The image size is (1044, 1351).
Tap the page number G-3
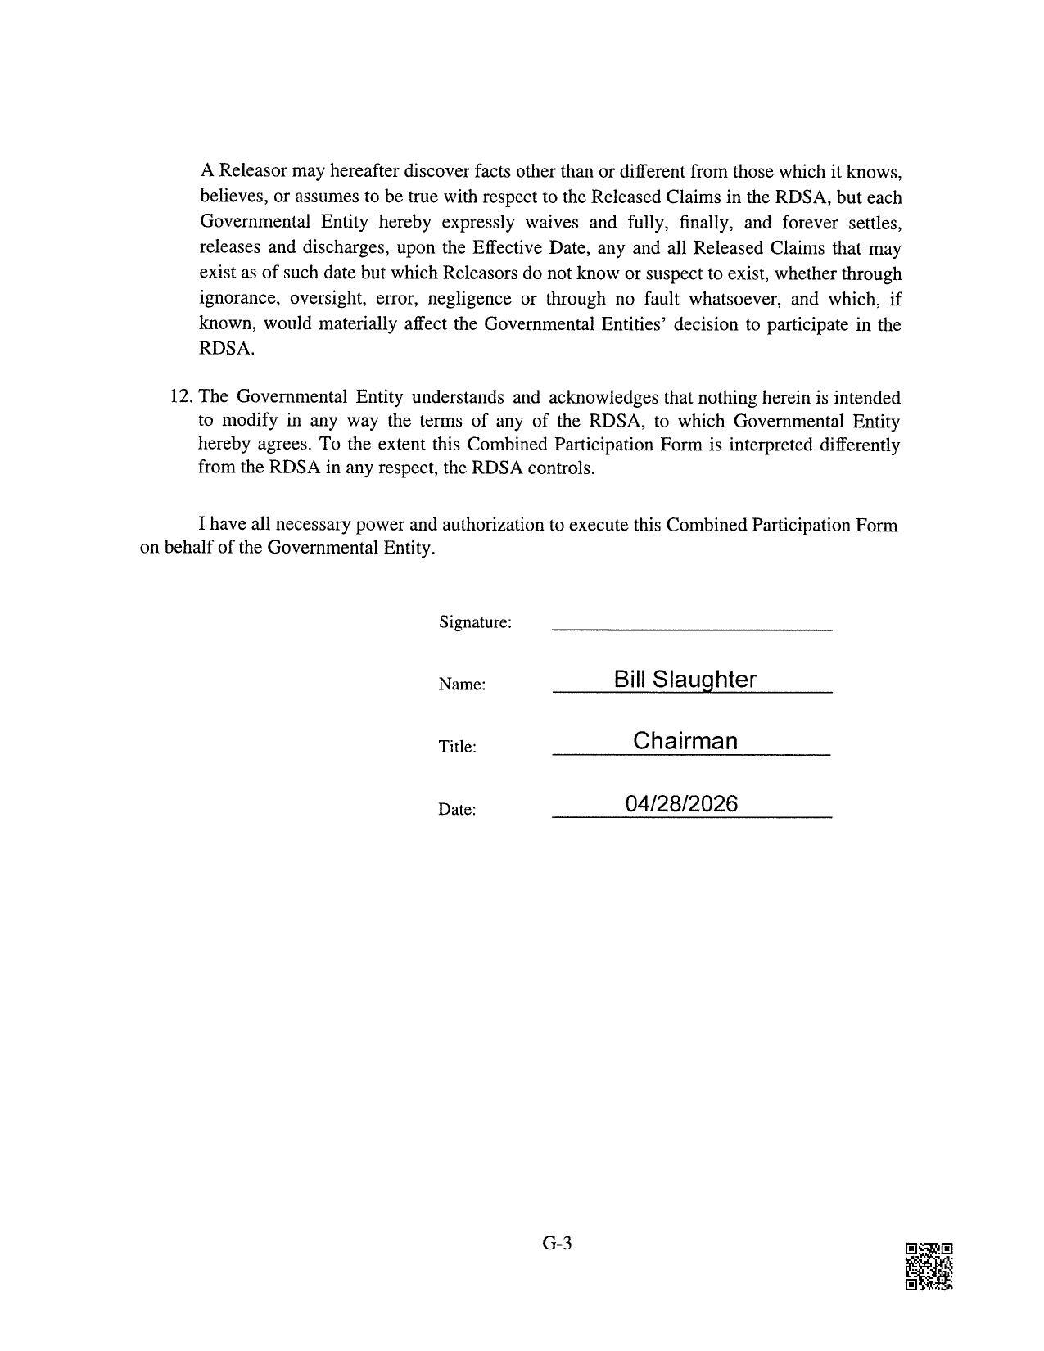click(557, 1243)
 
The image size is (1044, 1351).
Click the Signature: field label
click(475, 622)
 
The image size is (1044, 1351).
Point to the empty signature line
click(692, 627)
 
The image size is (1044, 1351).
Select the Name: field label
click(462, 685)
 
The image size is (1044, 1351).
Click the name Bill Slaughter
click(685, 679)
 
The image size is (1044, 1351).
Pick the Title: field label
click(457, 747)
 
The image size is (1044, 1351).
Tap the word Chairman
click(685, 741)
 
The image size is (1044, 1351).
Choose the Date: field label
click(457, 809)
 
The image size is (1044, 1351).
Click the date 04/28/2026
click(681, 803)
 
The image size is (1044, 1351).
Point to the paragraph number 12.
click(181, 397)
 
